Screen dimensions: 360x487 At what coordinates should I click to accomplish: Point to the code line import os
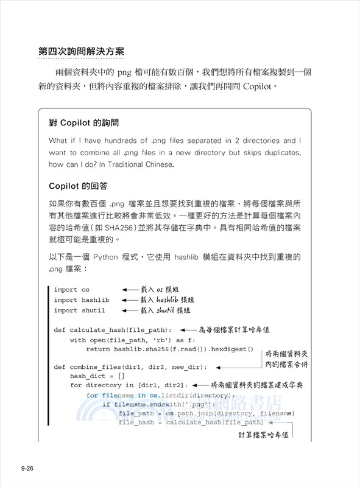[x=71, y=290]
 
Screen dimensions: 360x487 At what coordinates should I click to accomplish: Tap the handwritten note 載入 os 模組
[x=163, y=290]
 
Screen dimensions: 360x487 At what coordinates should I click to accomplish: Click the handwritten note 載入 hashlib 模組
[x=167, y=300]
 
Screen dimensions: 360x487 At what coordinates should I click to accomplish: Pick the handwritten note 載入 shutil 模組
[x=166, y=310]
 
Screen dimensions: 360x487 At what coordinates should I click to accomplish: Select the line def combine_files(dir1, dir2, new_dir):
[x=130, y=368]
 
